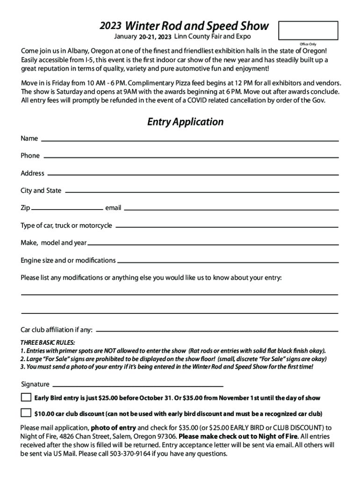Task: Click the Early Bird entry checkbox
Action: [x=26, y=398]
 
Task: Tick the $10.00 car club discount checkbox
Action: [x=26, y=413]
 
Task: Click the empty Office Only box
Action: [x=308, y=30]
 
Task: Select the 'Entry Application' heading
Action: [x=185, y=122]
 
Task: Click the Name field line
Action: [x=190, y=140]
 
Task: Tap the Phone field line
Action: [x=191, y=157]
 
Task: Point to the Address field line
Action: [x=193, y=174]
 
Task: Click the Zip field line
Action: [x=67, y=209]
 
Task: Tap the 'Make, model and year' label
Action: [x=53, y=243]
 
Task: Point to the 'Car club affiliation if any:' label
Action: [x=57, y=330]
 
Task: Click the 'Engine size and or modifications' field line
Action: [x=227, y=261]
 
